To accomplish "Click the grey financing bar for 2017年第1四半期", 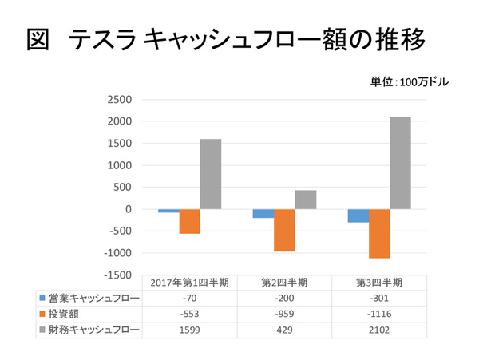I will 211,174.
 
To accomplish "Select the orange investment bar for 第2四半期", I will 285,231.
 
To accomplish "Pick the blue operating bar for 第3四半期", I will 358,216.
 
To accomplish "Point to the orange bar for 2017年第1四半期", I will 189,221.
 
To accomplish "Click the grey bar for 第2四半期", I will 306,200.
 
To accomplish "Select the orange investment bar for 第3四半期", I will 379,234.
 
